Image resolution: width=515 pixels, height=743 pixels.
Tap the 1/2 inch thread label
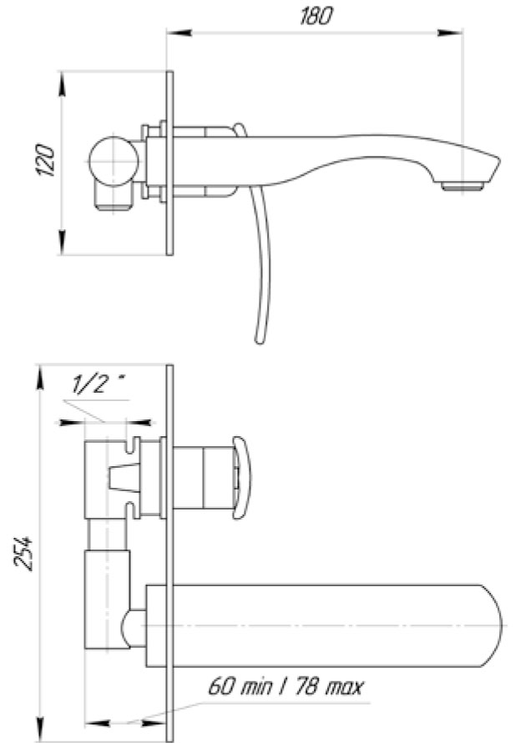point(98,384)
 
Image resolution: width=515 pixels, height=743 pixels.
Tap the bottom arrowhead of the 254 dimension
point(38,733)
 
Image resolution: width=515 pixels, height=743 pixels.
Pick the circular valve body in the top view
point(113,160)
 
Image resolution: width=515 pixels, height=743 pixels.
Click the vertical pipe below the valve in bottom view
point(107,596)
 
